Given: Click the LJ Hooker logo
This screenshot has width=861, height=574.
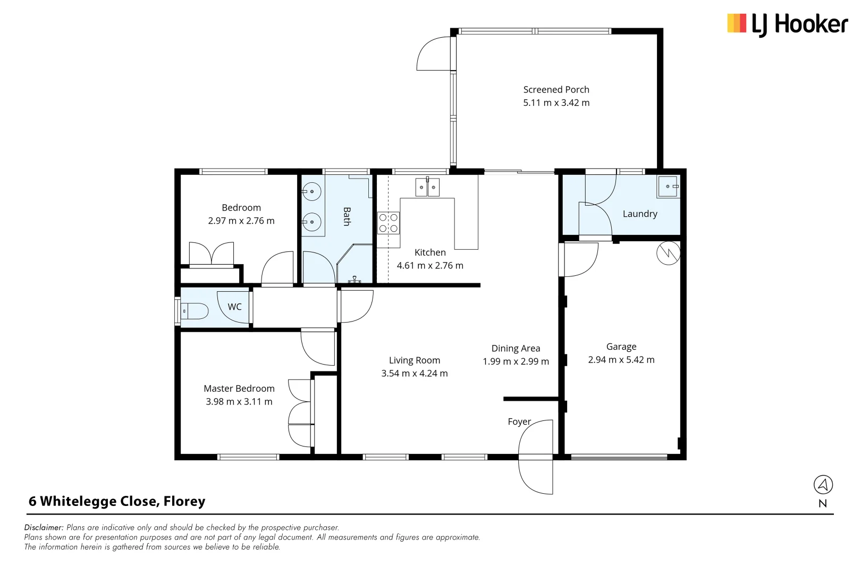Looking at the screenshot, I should [787, 24].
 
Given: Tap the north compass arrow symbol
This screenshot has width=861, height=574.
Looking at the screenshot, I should [823, 484].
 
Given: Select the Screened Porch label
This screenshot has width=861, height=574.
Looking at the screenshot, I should [556, 90].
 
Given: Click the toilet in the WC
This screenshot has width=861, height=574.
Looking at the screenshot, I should [195, 311].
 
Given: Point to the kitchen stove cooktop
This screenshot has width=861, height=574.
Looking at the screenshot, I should [389, 223].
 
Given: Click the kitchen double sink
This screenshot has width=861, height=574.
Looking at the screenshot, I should [427, 187].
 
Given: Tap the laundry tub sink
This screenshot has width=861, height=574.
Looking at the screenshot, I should [668, 187].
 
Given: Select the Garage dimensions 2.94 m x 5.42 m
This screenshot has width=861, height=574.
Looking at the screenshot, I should [621, 360].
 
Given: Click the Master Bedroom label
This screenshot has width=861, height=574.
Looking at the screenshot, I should [239, 389].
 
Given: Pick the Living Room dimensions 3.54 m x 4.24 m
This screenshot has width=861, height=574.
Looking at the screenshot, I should [414, 374].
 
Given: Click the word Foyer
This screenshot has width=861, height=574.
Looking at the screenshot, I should [519, 421].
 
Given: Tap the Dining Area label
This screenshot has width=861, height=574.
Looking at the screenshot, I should [516, 348].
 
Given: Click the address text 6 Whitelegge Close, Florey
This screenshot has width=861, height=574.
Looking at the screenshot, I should [117, 501].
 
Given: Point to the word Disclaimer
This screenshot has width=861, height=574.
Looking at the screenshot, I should [44, 527].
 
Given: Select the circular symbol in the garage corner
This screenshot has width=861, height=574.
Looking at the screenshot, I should [668, 253].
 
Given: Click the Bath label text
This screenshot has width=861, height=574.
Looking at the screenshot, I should [347, 216].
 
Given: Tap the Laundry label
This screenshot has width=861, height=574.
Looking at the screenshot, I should [640, 214].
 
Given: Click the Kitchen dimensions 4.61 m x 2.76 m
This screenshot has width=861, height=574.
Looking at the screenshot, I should [430, 265].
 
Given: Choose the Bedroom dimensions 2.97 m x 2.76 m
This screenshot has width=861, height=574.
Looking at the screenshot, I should [241, 221].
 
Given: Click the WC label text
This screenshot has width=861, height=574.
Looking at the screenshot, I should [234, 307].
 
